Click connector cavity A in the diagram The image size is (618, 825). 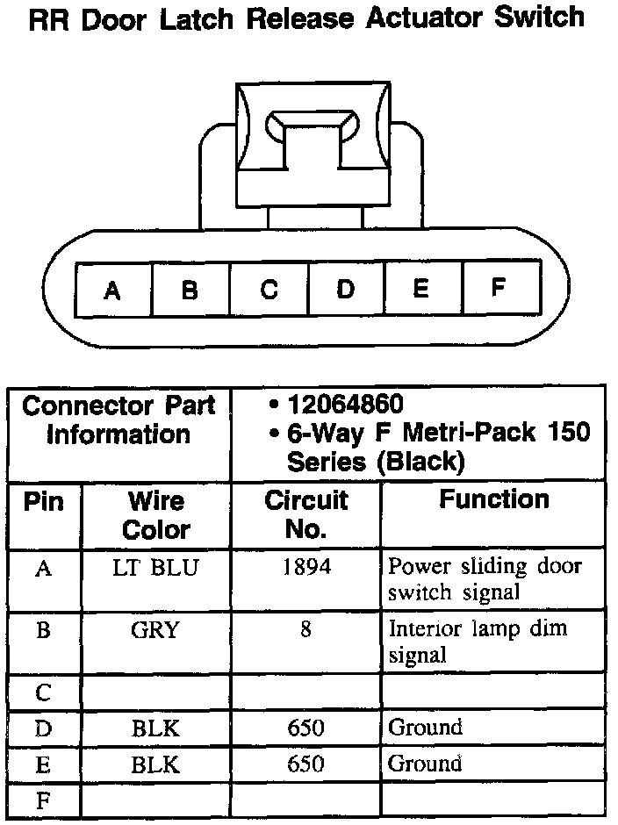(x=112, y=290)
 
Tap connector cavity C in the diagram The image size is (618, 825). (x=269, y=290)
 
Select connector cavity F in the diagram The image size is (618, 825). (x=498, y=288)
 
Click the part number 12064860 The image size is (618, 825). (x=346, y=405)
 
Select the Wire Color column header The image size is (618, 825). (x=156, y=515)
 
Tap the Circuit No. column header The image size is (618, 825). (x=306, y=515)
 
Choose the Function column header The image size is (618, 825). (x=494, y=500)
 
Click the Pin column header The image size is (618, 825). (x=44, y=503)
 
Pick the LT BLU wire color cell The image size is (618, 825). (x=156, y=568)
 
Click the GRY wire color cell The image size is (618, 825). (x=156, y=630)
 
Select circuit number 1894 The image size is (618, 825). (x=306, y=568)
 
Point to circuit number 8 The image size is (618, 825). (x=306, y=630)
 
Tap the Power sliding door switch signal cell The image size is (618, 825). (x=485, y=579)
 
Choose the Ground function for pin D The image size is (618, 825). (x=425, y=728)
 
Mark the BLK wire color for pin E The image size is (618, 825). (x=156, y=764)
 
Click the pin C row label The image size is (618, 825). (x=43, y=693)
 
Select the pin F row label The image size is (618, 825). (x=43, y=800)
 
